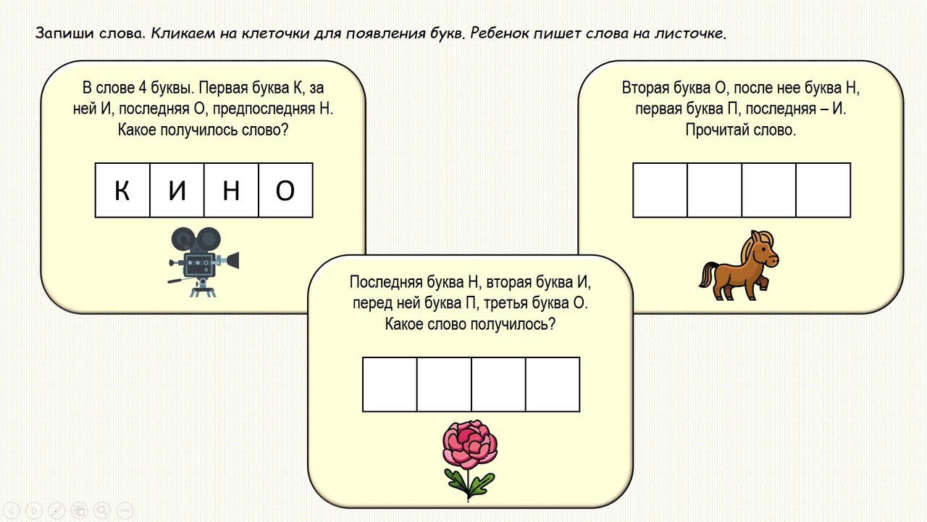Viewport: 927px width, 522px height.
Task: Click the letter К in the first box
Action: (x=122, y=190)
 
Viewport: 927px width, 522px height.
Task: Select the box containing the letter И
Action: (x=177, y=190)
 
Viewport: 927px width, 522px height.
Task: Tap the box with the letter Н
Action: (x=231, y=190)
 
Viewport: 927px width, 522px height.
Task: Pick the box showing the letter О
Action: (x=285, y=190)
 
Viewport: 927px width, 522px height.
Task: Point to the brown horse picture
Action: (x=739, y=264)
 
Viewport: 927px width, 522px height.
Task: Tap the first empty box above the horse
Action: (x=660, y=190)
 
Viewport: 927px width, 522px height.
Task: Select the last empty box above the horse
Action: (x=823, y=190)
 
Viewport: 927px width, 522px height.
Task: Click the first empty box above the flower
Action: (x=390, y=384)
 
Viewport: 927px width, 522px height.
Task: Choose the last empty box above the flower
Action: (x=553, y=384)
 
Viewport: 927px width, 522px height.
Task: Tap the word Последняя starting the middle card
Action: (x=384, y=282)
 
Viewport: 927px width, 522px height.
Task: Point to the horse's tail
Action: (x=707, y=275)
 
